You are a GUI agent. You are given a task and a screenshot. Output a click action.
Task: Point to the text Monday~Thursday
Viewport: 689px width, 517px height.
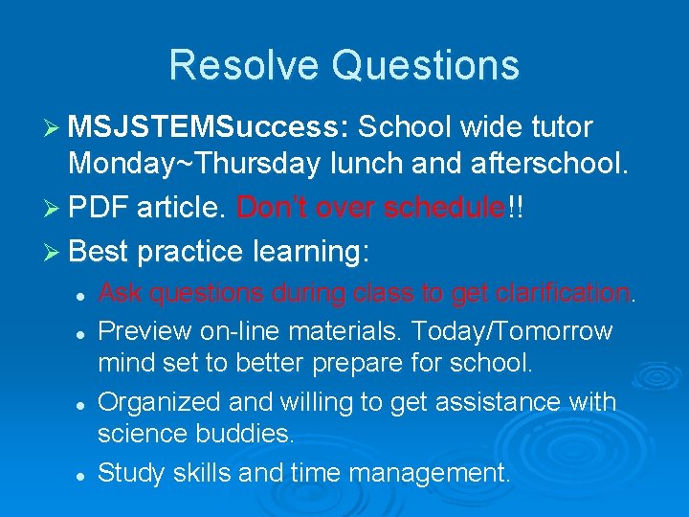tap(194, 165)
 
